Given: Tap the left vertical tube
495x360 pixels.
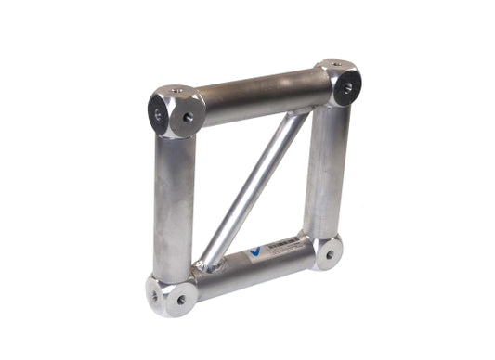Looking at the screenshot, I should tap(175, 204).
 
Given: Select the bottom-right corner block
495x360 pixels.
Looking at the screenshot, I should tap(327, 252).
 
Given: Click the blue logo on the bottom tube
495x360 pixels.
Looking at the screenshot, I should tap(257, 252).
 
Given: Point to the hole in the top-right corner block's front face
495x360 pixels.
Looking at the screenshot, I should tap(348, 89).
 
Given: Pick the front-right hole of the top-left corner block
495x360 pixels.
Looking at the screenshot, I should tap(189, 118).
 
